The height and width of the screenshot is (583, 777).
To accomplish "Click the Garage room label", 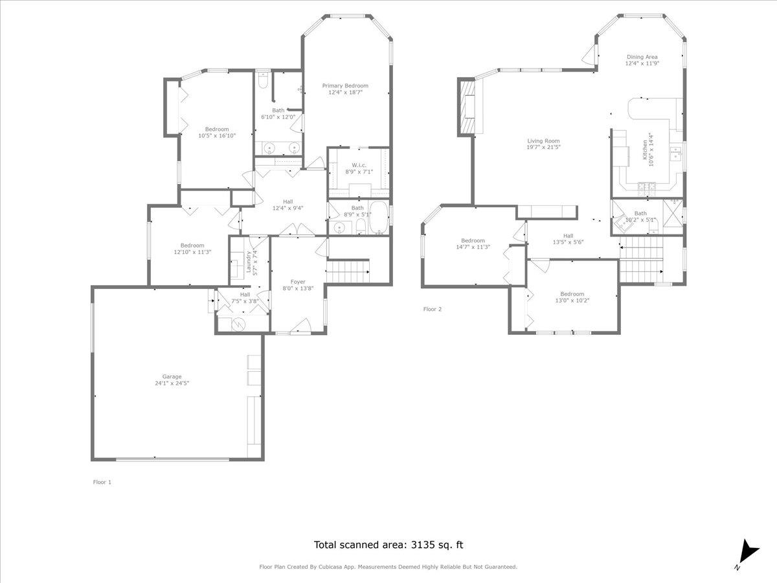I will tap(172, 376).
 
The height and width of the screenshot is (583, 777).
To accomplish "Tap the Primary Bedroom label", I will tap(345, 86).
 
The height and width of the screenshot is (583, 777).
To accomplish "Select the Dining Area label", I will tap(642, 57).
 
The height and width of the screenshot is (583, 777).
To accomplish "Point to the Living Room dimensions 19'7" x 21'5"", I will tap(543, 147).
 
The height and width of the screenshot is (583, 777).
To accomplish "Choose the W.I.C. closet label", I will tap(359, 165).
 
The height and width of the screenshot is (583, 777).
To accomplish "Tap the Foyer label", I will tap(298, 282).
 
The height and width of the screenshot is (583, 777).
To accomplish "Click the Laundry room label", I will tap(248, 262).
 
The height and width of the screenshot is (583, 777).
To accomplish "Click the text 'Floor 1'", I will tap(102, 482).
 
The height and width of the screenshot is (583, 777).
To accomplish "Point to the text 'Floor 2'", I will tap(432, 309).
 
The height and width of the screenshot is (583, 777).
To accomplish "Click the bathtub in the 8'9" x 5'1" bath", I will tap(379, 218).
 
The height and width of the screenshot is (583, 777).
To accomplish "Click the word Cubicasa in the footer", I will tap(332, 567).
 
